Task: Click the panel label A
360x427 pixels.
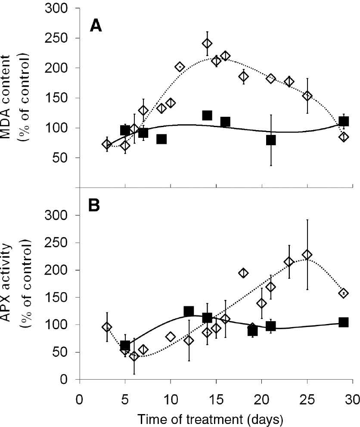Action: click(x=95, y=26)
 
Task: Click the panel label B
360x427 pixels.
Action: click(x=95, y=206)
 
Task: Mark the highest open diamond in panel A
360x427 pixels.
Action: click(x=207, y=44)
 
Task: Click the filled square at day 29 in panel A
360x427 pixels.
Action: click(x=344, y=122)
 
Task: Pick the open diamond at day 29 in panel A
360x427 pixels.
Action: click(x=344, y=137)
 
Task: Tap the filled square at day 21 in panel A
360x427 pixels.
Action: click(x=271, y=140)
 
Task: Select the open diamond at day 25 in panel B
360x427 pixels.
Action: click(x=307, y=255)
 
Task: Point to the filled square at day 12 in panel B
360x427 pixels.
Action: click(x=189, y=311)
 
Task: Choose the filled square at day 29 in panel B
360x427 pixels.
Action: click(x=344, y=322)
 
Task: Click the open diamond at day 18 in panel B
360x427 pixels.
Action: click(x=243, y=273)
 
